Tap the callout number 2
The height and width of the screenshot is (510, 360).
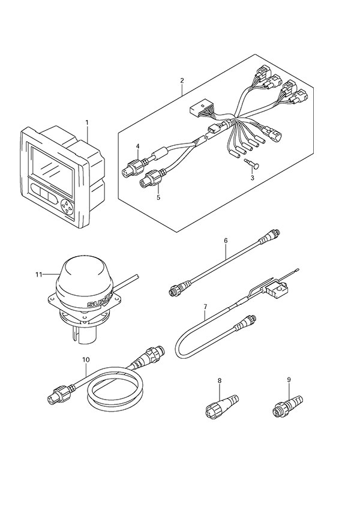[x=182, y=79]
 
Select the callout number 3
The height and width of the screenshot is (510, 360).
[x=253, y=179]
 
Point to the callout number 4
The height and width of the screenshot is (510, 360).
[x=137, y=146]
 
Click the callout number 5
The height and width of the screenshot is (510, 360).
[x=158, y=196]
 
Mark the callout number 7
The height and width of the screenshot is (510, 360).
[x=205, y=307]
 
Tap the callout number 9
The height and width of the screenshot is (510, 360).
[x=289, y=379]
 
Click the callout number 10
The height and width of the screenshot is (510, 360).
[x=86, y=360]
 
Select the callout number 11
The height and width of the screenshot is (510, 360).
[x=39, y=275]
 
